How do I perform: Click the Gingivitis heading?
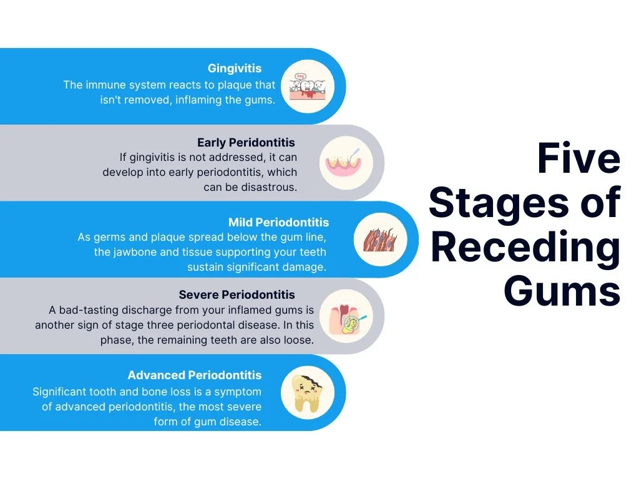tap(235, 69)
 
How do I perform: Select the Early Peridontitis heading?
tap(246, 143)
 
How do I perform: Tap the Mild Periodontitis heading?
tap(278, 223)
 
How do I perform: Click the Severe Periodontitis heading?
tap(237, 294)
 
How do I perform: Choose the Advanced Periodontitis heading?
tap(195, 375)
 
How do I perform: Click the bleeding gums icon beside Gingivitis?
tap(308, 86)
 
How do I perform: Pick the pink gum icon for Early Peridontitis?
tap(346, 163)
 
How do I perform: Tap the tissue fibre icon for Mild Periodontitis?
tap(380, 239)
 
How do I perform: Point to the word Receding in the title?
tap(525, 247)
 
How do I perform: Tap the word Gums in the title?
tap(562, 291)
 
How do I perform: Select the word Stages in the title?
tap(499, 204)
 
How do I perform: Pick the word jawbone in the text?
tap(135, 252)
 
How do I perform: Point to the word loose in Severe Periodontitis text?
tap(299, 340)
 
